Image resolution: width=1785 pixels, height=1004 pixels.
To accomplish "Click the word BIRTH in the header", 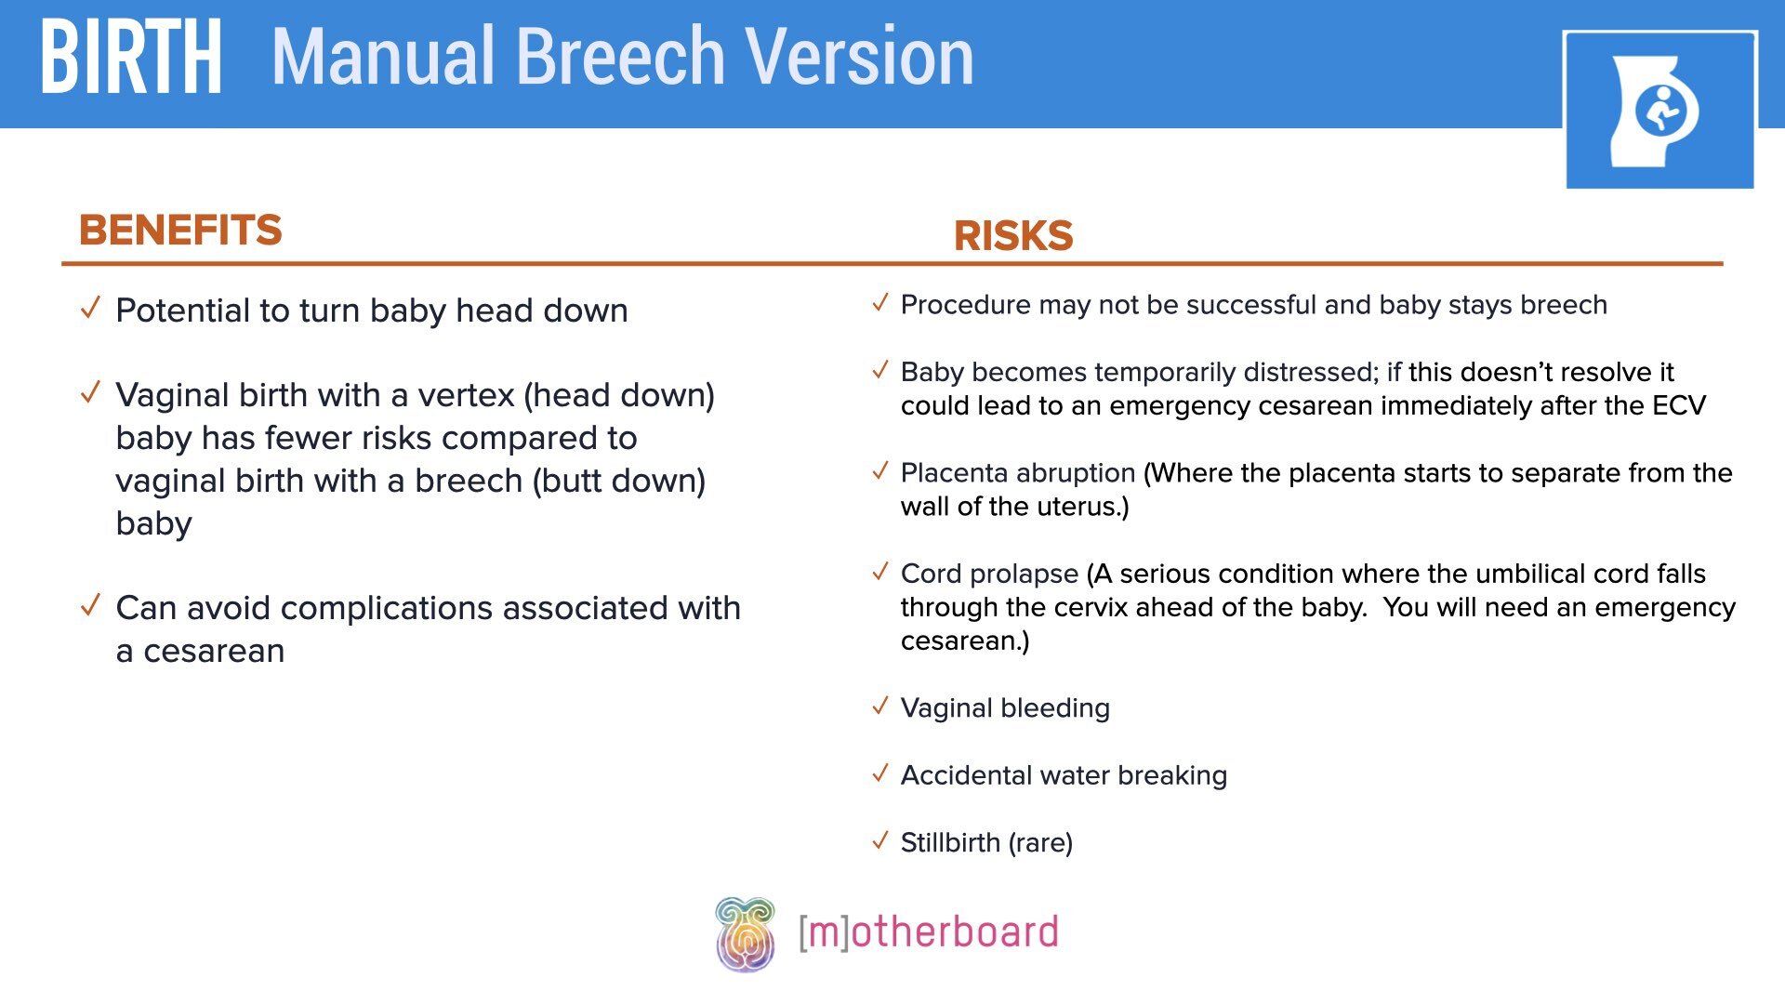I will pos(131,58).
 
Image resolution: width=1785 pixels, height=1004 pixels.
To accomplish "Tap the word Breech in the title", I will pos(621,58).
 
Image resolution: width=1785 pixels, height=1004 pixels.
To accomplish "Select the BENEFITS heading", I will pos(180,231).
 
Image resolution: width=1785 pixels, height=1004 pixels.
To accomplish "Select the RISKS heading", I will pos(1013,236).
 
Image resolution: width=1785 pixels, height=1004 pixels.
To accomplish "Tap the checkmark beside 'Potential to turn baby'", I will pos(90,308).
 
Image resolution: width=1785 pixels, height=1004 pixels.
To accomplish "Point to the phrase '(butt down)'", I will pos(618,481).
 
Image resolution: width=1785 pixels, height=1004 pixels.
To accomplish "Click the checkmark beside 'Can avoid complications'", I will pos(90,606).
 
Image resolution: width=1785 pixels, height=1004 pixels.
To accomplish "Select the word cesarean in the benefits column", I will pos(214,651).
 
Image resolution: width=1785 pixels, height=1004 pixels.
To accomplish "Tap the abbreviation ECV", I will pos(1678,405).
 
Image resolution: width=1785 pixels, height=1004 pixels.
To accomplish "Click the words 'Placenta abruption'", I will pos(1017,473).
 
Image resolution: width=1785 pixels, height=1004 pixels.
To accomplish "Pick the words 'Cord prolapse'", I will pos(988,574).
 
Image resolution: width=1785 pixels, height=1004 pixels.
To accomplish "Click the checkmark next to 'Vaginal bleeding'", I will pos(880,707).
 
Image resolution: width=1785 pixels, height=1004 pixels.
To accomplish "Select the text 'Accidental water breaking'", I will pos(1064,775).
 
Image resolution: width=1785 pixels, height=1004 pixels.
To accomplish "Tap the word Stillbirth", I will pos(950,842).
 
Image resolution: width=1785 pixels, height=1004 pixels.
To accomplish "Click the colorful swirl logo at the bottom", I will pos(745,933).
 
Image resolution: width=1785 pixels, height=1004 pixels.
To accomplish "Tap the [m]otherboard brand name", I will pos(928,932).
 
